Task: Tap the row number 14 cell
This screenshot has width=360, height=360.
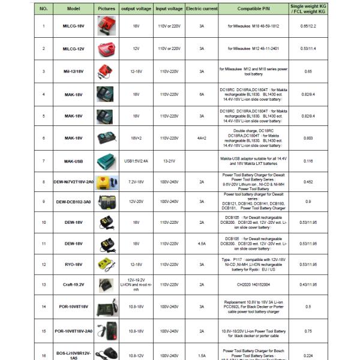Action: [x=43, y=307]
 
